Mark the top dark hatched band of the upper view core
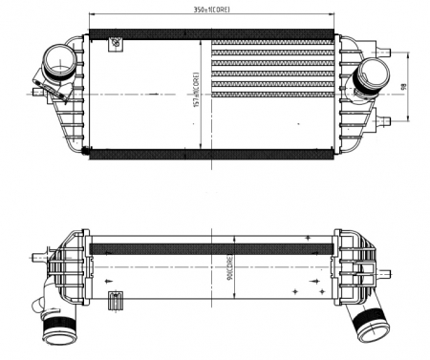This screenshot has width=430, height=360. point(210,36)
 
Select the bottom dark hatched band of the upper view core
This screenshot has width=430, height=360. point(210,154)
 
